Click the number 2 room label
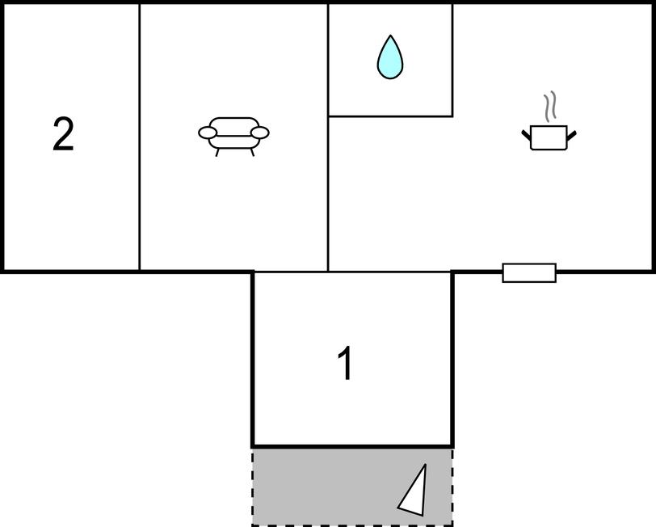pyautogui.click(x=63, y=134)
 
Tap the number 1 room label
pyautogui.click(x=345, y=365)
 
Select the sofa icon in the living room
pyautogui.click(x=233, y=133)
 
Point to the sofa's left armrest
pyautogui.click(x=208, y=133)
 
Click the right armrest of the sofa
pyautogui.click(x=259, y=133)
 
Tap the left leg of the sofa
pyautogui.click(x=218, y=152)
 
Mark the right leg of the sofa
pyautogui.click(x=251, y=152)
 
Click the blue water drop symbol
pyautogui.click(x=389, y=58)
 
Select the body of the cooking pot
pyautogui.click(x=549, y=138)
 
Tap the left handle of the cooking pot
pyautogui.click(x=526, y=133)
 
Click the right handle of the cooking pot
pyautogui.click(x=572, y=133)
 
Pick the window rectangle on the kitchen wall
pyautogui.click(x=529, y=273)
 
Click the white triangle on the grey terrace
pyautogui.click(x=414, y=492)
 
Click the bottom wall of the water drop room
pyautogui.click(x=389, y=116)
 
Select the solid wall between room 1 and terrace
pyautogui.click(x=351, y=446)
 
